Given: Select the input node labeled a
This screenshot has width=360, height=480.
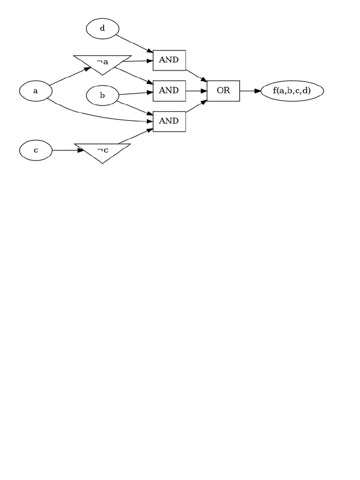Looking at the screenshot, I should [x=36, y=91].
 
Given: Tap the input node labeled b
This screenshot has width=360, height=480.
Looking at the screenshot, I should [x=102, y=96].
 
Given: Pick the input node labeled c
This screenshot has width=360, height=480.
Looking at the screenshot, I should [x=36, y=150].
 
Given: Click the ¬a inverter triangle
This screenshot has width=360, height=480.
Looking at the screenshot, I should [x=102, y=62].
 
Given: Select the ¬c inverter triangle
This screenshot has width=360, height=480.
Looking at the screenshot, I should [x=102, y=151].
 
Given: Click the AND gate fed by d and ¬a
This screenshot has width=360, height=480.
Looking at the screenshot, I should [x=169, y=60].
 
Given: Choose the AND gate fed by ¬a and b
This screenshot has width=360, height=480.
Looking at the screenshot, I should [x=169, y=90].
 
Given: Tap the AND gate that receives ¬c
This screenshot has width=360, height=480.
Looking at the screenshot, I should [x=169, y=121].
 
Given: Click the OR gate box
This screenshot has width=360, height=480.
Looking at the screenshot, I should [x=224, y=91].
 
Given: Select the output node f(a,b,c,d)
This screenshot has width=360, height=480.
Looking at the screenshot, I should [x=292, y=91].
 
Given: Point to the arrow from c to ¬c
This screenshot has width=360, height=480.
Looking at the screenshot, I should [x=67, y=150].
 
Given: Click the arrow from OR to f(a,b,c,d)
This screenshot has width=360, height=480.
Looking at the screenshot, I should [x=250, y=91].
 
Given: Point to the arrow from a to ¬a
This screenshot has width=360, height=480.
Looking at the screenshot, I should [x=70, y=76].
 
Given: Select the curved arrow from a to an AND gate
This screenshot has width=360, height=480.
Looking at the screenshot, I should [x=94, y=116].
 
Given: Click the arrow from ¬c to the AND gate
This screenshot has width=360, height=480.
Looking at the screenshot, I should [x=136, y=136].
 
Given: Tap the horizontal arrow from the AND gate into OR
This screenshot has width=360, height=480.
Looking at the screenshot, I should [x=196, y=91].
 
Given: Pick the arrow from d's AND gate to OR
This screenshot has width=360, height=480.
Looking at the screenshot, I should [x=196, y=76].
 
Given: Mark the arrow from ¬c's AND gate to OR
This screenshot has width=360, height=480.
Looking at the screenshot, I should [x=196, y=106].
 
